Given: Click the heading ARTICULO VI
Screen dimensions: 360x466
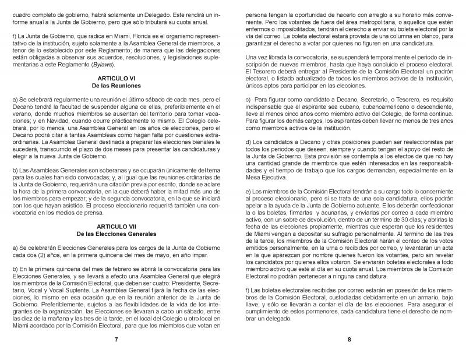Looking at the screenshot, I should coord(116,77).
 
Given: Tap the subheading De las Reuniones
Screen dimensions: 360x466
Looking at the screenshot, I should coord(116,85).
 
